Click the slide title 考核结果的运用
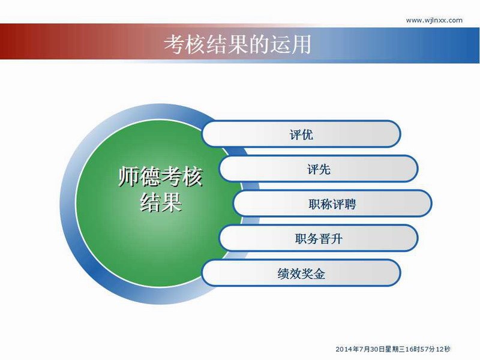click(238, 44)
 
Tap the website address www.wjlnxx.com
click(434, 20)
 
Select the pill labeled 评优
click(301, 134)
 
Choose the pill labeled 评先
click(319, 169)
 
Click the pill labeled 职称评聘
click(332, 203)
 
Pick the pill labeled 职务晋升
click(319, 238)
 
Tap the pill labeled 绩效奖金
click(301, 273)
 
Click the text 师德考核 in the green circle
click(161, 176)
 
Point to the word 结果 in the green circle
click(161, 202)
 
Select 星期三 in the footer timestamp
click(395, 349)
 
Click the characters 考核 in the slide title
click(185, 44)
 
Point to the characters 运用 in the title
click(290, 44)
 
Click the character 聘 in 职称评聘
click(350, 204)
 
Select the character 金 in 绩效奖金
click(319, 274)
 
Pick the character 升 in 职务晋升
click(336, 239)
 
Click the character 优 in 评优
click(307, 134)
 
